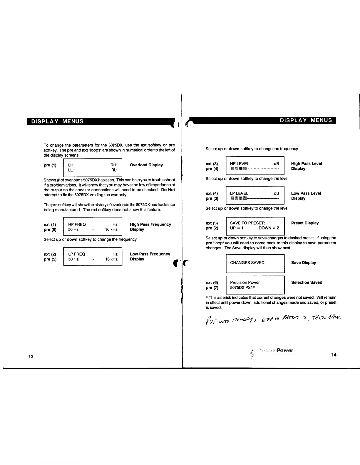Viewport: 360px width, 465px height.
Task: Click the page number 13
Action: [x=31, y=356]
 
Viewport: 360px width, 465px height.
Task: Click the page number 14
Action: [x=333, y=355]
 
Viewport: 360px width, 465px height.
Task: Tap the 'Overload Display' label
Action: [x=146, y=165]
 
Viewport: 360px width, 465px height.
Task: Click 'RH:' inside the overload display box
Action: [x=114, y=165]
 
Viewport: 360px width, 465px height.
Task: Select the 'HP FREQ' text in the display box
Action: [x=77, y=224]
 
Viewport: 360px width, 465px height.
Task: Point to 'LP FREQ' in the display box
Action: [x=77, y=254]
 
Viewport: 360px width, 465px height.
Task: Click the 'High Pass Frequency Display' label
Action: [x=150, y=227]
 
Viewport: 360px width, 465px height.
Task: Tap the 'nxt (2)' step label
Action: [x=50, y=254]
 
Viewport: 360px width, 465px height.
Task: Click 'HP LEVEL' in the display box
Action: [x=240, y=164]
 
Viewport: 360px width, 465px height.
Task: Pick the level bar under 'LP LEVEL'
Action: [x=254, y=199]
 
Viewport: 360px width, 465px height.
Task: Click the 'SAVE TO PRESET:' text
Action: [x=247, y=223]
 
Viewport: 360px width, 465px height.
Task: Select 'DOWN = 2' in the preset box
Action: [x=269, y=228]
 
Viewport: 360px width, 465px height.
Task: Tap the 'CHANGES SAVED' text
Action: [x=247, y=263]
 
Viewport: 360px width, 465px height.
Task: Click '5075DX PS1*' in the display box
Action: [x=242, y=288]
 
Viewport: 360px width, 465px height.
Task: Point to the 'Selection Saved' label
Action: [x=307, y=282]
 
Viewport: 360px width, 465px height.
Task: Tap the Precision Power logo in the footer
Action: [x=272, y=351]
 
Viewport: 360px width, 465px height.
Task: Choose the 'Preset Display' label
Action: [x=305, y=223]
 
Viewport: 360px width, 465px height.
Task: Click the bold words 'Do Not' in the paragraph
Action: [x=168, y=190]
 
